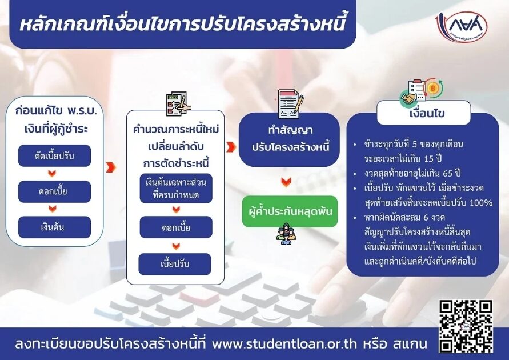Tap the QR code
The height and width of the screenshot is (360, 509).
[466, 326]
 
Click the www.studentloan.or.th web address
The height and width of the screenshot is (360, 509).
[284, 343]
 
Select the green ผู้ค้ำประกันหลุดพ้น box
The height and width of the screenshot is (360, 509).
[290, 211]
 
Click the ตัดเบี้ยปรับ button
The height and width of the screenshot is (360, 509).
[54, 156]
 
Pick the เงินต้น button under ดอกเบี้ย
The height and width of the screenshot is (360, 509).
[54, 227]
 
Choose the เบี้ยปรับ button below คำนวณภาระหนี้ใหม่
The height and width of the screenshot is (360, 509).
[175, 264]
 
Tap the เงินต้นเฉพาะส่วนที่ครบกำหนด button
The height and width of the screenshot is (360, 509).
[176, 189]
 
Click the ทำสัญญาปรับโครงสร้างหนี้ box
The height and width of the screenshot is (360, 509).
[290, 139]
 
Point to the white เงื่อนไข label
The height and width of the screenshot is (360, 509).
[424, 113]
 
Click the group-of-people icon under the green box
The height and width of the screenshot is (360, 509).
[286, 234]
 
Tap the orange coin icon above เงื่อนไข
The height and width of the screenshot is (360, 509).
[432, 88]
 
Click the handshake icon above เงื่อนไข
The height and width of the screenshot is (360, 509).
[409, 99]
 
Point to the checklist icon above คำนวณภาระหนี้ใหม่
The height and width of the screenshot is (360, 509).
[177, 104]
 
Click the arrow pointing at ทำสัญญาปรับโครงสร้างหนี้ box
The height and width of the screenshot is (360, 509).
[231, 147]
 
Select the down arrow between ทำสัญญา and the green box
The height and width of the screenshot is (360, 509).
[286, 182]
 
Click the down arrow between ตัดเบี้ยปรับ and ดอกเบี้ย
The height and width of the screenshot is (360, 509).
[52, 173]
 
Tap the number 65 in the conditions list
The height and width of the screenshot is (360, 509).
[448, 173]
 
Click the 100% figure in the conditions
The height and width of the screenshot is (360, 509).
[481, 202]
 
